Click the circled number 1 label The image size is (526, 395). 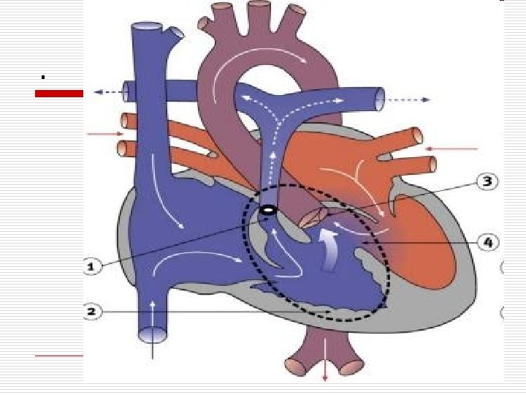pyautogui.click(x=91, y=268)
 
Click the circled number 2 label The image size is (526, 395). pyautogui.click(x=91, y=312)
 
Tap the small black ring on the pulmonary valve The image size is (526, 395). pyautogui.click(x=267, y=210)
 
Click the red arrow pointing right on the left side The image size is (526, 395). pyautogui.click(x=105, y=134)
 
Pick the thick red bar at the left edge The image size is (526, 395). pyautogui.click(x=60, y=93)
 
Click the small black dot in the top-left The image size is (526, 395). pyautogui.click(x=43, y=76)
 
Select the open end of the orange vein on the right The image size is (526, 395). pyautogui.click(x=417, y=137)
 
